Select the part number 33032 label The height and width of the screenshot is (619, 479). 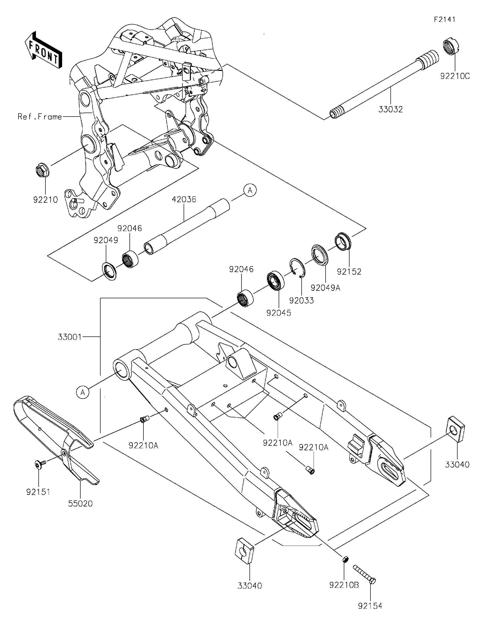pos(391,109)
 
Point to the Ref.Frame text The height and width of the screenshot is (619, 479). pos(40,117)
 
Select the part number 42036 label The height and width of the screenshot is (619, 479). pos(184,199)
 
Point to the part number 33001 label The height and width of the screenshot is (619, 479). pos(69,337)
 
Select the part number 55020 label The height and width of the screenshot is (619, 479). pos(80,503)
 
